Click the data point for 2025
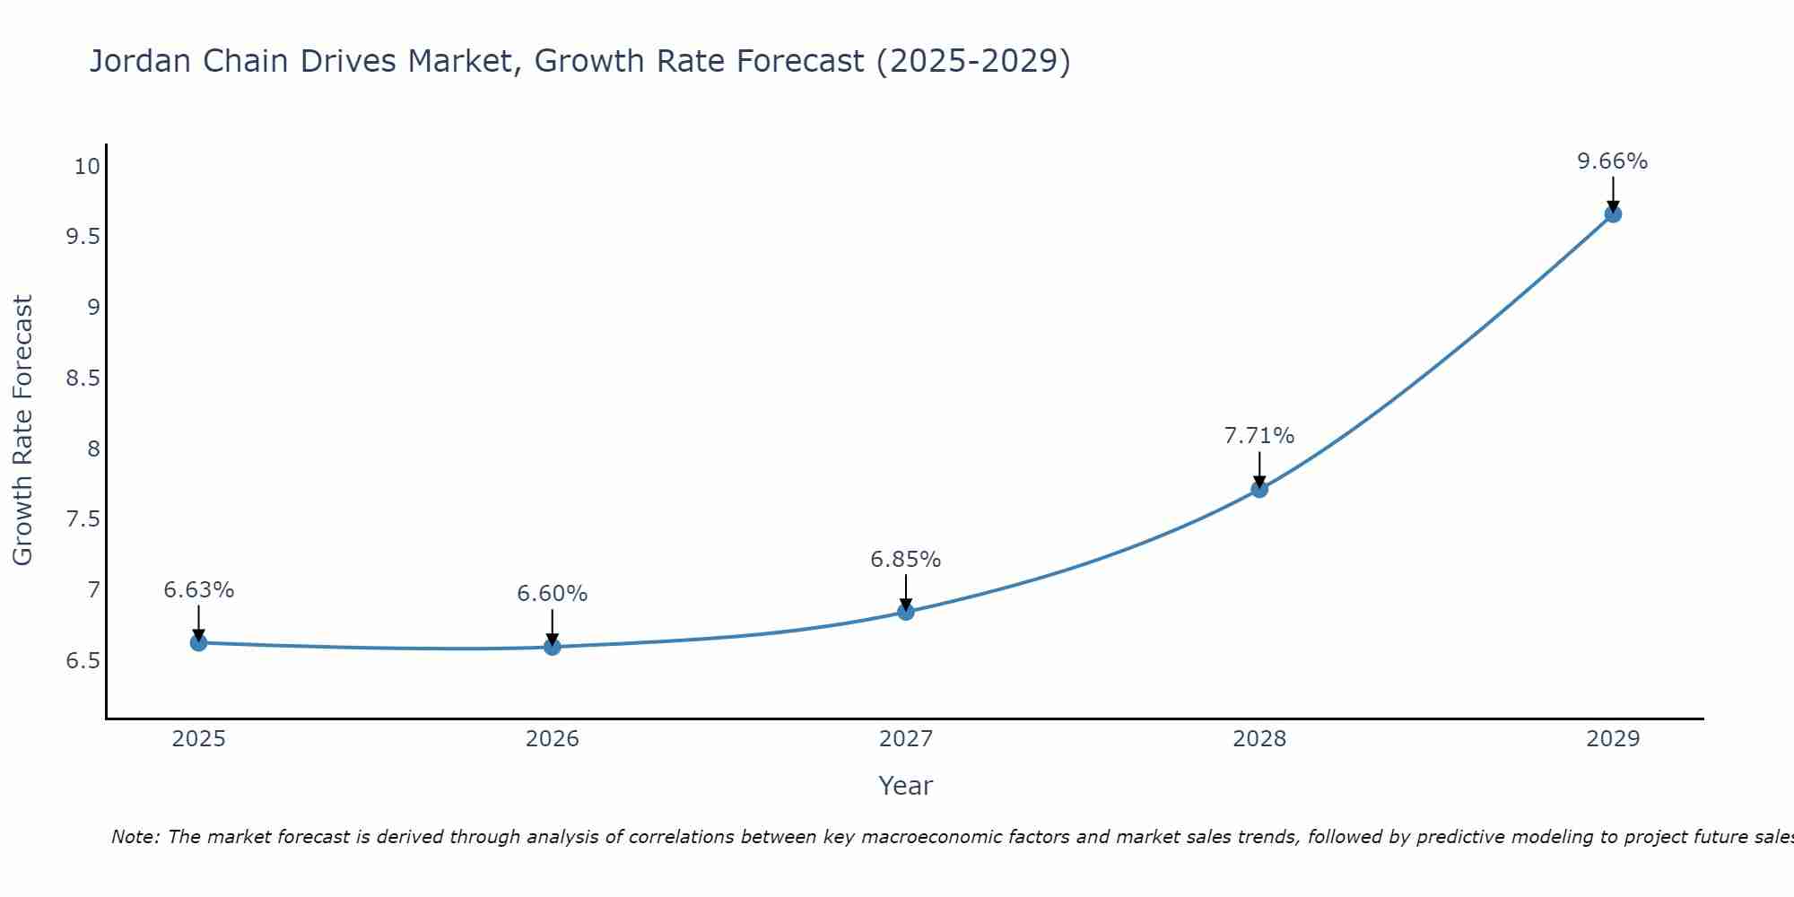coord(198,642)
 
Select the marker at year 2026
coord(552,647)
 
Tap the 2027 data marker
coord(905,612)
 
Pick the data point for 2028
coord(1258,489)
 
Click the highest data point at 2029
coord(1612,213)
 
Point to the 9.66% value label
coord(1612,161)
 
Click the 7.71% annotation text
coord(1258,436)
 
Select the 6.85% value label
coord(905,560)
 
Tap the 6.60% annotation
coord(552,594)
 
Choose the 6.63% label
coord(198,590)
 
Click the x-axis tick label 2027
coord(905,739)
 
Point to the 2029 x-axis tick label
coord(1612,739)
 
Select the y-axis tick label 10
coord(87,166)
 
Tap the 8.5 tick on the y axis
coord(82,378)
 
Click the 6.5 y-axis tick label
coord(82,661)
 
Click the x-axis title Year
coord(905,786)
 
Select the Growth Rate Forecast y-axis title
coord(22,431)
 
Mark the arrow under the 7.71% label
coord(1258,468)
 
